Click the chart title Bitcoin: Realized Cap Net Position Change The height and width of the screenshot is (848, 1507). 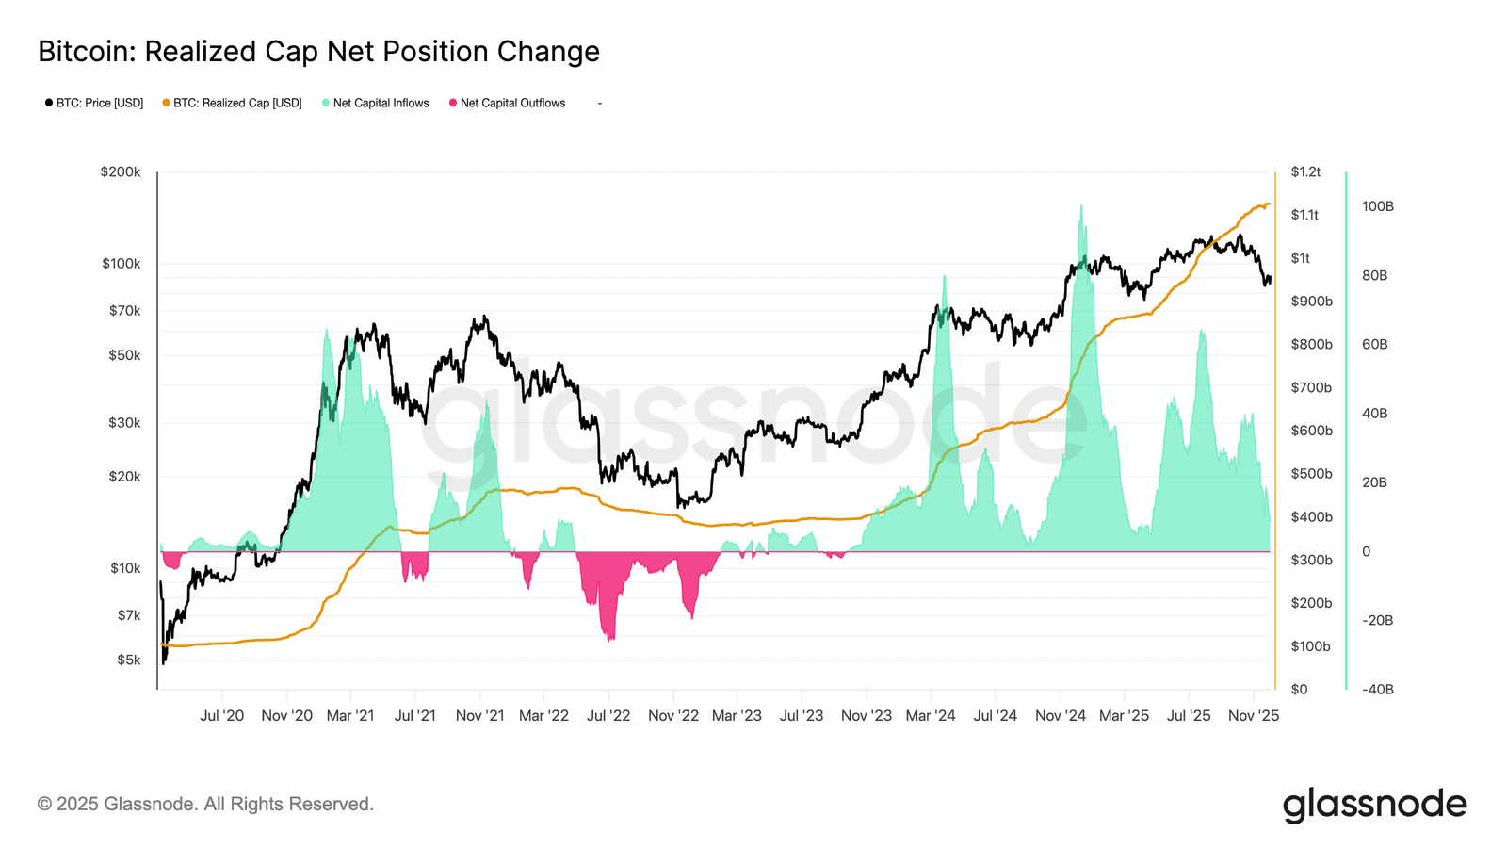[318, 51]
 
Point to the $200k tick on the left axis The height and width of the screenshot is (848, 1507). [121, 172]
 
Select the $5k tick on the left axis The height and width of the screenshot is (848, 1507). [128, 660]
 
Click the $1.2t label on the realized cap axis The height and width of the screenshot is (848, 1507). [1305, 172]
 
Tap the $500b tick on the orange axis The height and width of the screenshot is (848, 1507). [1311, 474]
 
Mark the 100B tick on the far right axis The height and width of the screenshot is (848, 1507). [1377, 206]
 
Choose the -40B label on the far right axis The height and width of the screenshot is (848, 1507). [1377, 689]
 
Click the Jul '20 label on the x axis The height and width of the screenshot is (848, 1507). [221, 716]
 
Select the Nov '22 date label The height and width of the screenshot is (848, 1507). [673, 716]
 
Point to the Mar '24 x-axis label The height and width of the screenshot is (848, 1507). [931, 716]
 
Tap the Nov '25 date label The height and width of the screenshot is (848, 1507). [1254, 716]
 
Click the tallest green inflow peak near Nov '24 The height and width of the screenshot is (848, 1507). [1080, 205]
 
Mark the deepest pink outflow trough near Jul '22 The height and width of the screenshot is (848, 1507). [610, 640]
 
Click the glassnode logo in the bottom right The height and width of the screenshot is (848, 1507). [1374, 805]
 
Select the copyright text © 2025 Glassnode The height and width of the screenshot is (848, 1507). [205, 805]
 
